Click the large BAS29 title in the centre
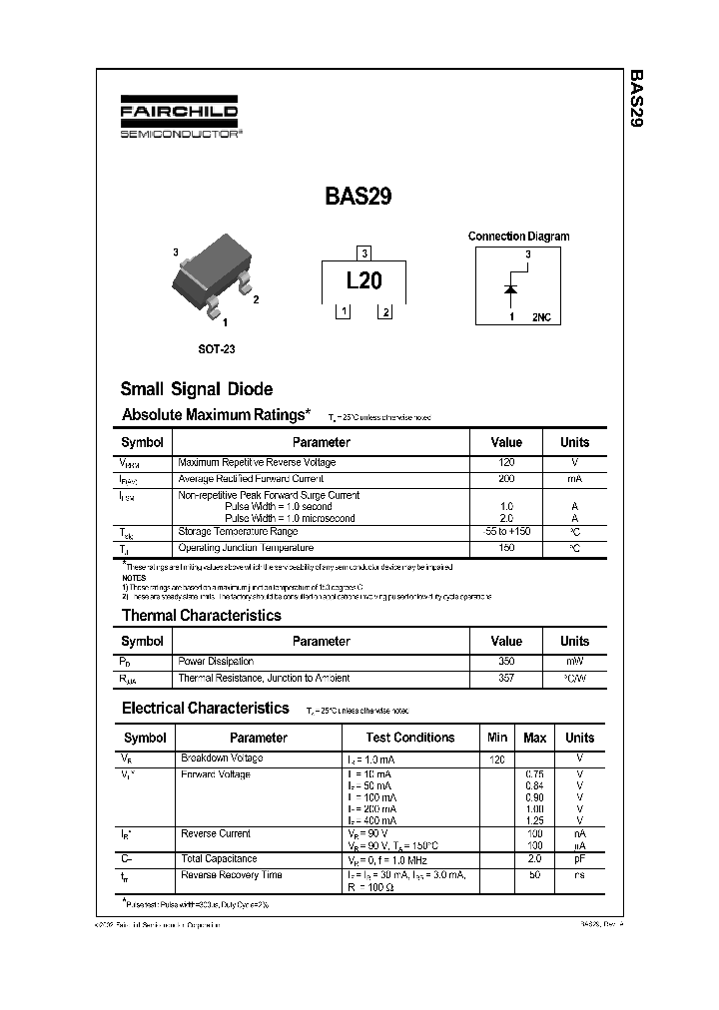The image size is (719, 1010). click(x=359, y=197)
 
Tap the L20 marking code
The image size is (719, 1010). click(x=363, y=281)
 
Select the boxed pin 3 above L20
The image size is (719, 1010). click(x=364, y=253)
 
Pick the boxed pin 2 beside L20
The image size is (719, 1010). click(x=384, y=312)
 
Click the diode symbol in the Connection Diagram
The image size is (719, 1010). click(x=510, y=290)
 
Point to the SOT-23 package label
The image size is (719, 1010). click(x=217, y=349)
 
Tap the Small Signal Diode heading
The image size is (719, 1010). click(x=196, y=389)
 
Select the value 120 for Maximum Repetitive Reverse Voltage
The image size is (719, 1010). click(x=506, y=463)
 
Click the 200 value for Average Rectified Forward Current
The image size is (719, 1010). click(x=506, y=479)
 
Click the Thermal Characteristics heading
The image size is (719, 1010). click(x=201, y=615)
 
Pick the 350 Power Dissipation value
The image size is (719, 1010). click(x=506, y=661)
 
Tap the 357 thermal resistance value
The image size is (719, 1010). click(x=506, y=678)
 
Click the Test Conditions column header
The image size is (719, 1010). click(x=409, y=738)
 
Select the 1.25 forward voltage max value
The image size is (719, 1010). click(x=534, y=819)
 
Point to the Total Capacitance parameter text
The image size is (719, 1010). click(x=219, y=858)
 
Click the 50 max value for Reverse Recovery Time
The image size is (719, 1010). click(x=534, y=875)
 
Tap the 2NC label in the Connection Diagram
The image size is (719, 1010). click(x=541, y=316)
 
